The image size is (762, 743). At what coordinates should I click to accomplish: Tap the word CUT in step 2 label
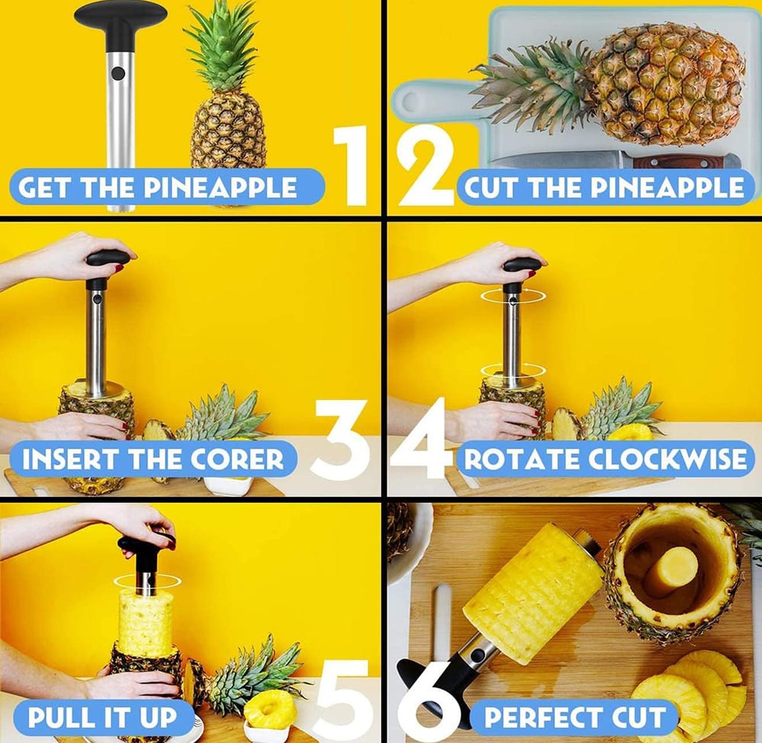[x=492, y=187]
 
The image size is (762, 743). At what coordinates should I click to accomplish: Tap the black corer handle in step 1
[x=120, y=19]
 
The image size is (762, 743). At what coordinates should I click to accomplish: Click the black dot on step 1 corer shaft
[x=118, y=74]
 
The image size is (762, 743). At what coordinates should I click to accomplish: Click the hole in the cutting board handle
[x=410, y=102]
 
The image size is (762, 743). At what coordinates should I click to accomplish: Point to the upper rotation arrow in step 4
[x=513, y=294]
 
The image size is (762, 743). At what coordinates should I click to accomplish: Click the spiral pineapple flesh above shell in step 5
[x=146, y=619]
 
